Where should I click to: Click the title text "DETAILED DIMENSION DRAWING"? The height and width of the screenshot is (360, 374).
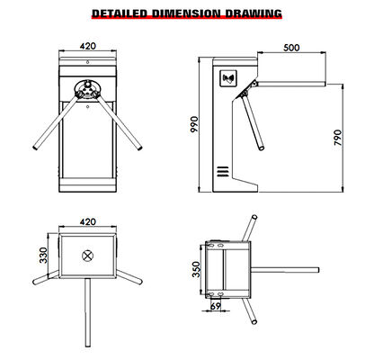coord(187,13)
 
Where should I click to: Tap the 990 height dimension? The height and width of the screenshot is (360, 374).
coord(194,125)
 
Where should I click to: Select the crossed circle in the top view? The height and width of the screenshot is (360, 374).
coord(88,255)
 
